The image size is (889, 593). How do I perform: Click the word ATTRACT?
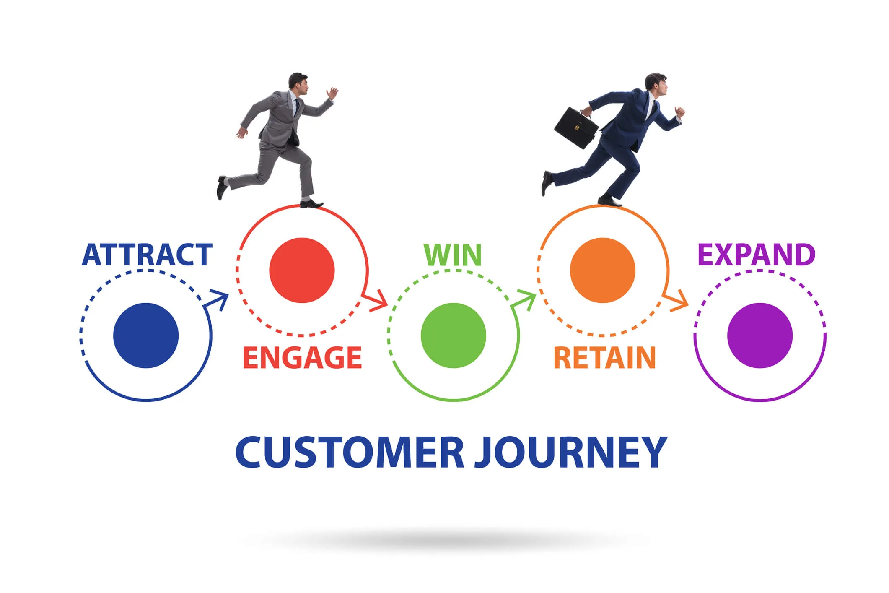pyautogui.click(x=147, y=255)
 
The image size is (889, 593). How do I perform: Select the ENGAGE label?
pyautogui.click(x=302, y=358)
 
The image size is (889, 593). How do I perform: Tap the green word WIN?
pyautogui.click(x=453, y=255)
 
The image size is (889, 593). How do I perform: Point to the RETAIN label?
pyautogui.click(x=605, y=358)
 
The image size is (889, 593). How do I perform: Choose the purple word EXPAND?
pyautogui.click(x=757, y=255)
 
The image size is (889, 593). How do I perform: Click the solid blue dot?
pyautogui.click(x=146, y=336)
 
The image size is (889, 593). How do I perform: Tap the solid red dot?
pyautogui.click(x=302, y=270)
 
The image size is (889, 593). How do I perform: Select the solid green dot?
pyautogui.click(x=454, y=336)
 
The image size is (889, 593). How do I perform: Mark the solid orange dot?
pyautogui.click(x=603, y=270)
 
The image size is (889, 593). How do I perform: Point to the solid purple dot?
pyautogui.click(x=760, y=336)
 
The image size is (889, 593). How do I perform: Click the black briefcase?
pyautogui.click(x=576, y=127)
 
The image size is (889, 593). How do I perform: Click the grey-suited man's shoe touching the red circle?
pyautogui.click(x=311, y=204)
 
